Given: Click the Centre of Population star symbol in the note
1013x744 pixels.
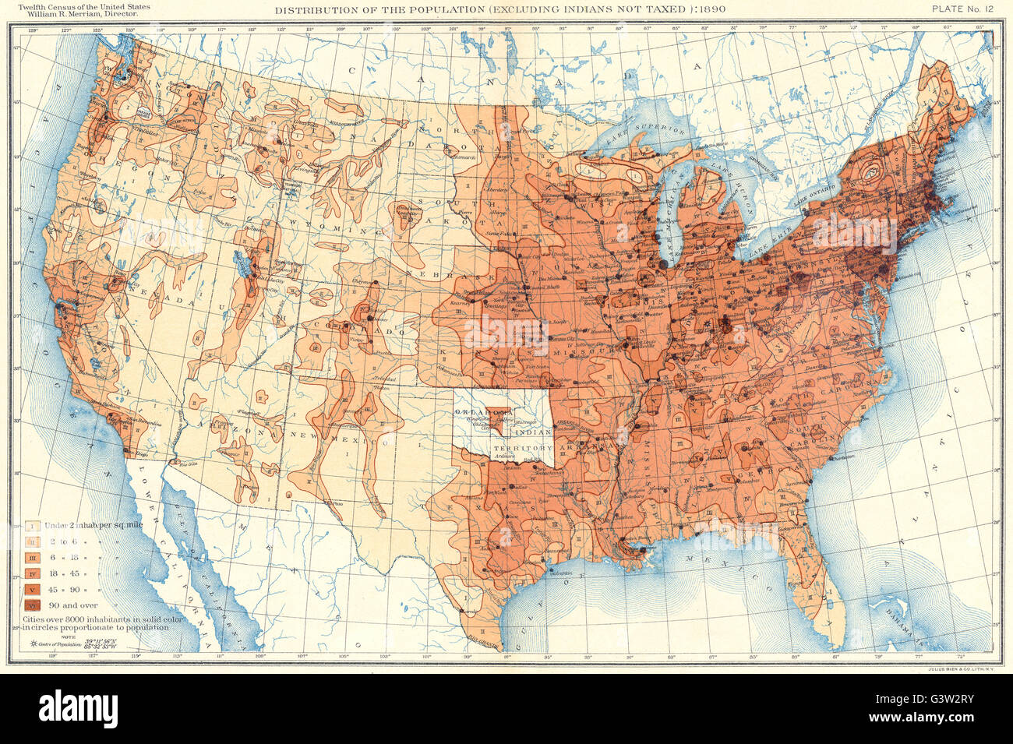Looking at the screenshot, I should click(x=34, y=644).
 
